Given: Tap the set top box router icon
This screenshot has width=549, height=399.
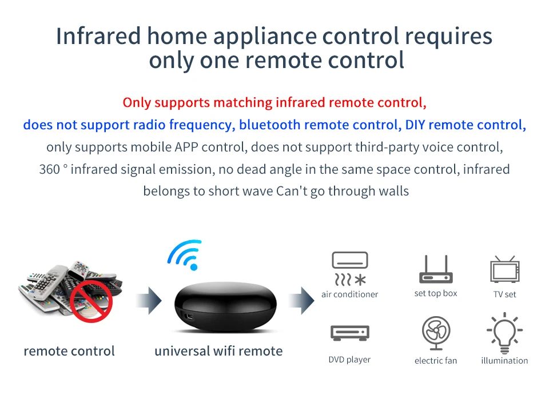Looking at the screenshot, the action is (x=436, y=269).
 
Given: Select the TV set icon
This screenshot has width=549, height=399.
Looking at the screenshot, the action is (x=504, y=269).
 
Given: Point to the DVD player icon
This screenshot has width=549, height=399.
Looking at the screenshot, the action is (x=350, y=333).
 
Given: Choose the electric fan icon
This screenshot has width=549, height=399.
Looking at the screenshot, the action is (x=436, y=333).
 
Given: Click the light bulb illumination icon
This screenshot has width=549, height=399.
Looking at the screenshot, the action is (x=504, y=333).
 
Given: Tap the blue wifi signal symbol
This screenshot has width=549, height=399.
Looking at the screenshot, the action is (x=185, y=255).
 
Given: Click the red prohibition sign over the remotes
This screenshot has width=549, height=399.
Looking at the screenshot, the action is (x=91, y=301).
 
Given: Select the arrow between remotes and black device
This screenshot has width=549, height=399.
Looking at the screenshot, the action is (x=149, y=300).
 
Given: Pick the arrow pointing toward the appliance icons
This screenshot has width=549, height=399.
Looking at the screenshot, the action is (x=301, y=300).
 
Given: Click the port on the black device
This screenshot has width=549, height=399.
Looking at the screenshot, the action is (x=189, y=317).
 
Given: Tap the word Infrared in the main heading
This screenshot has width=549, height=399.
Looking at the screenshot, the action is (x=98, y=36).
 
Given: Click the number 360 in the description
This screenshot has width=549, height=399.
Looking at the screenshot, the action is (x=49, y=169).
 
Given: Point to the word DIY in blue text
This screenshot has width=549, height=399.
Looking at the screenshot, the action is (x=415, y=125).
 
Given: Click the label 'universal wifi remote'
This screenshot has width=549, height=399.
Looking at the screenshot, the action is (x=218, y=351).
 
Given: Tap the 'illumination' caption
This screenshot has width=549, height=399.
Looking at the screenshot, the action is (x=504, y=361).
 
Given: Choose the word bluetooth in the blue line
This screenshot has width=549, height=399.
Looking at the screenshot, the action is (x=269, y=125).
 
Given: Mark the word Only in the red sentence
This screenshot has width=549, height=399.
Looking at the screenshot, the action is (x=137, y=103).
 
